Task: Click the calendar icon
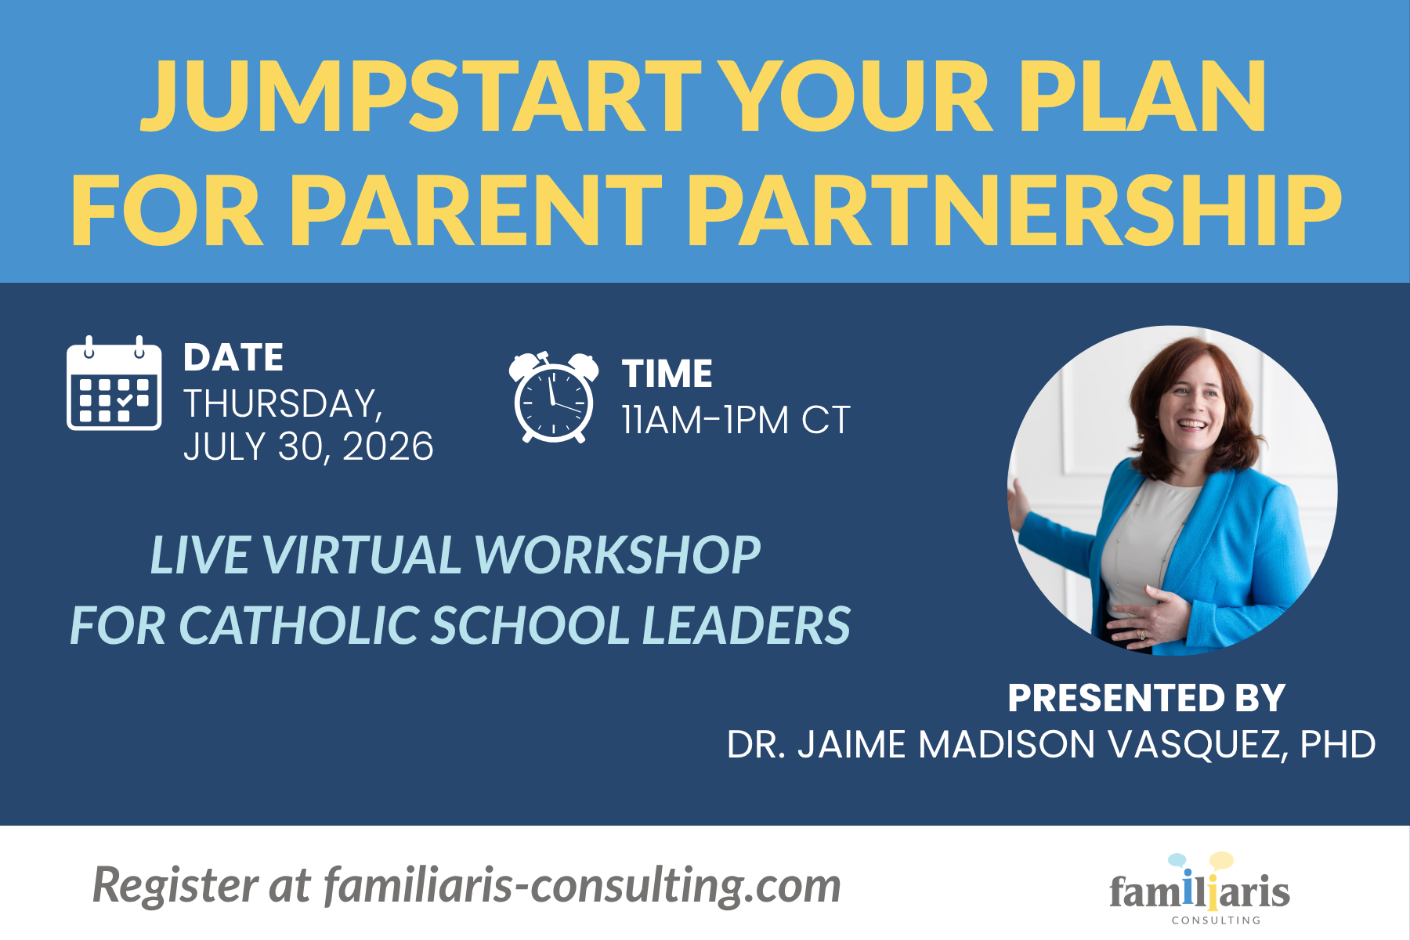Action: [114, 383]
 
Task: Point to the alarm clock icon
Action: [554, 397]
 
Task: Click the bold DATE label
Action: [233, 358]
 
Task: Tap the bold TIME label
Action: [667, 374]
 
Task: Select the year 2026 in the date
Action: [388, 446]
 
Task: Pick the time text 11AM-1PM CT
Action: [736, 421]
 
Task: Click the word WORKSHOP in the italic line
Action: [617, 555]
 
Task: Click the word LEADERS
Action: [747, 625]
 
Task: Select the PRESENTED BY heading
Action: [1147, 698]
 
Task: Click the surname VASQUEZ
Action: [1198, 744]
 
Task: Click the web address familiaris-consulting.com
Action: [582, 885]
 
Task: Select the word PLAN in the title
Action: [1141, 96]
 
